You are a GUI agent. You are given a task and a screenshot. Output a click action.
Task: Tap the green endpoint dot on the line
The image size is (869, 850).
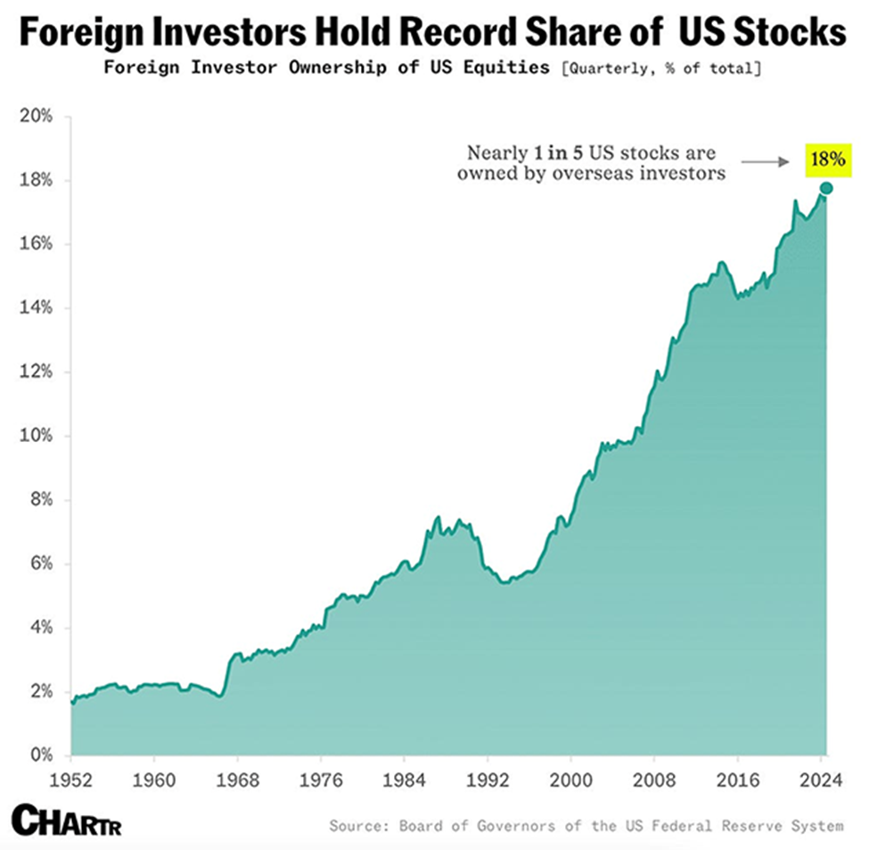[826, 188]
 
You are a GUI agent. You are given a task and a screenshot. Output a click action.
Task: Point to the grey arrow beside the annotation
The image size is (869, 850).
[766, 161]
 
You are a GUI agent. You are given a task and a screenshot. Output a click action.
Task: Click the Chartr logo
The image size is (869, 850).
[67, 819]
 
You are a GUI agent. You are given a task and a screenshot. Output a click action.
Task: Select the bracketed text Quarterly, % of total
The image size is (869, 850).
[659, 69]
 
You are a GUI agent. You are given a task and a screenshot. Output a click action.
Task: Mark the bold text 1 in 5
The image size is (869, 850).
[567, 151]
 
